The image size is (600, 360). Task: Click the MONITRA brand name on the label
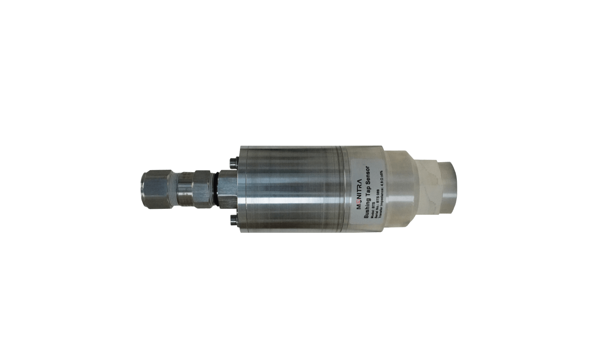(x=359, y=190)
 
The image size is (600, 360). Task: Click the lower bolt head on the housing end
(x=233, y=219)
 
